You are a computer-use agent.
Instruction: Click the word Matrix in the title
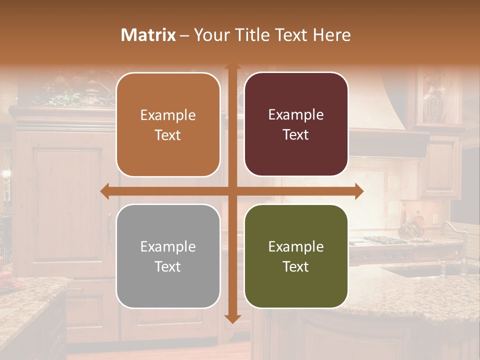click(148, 35)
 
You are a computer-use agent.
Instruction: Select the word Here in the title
click(331, 35)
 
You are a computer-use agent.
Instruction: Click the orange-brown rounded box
click(168, 125)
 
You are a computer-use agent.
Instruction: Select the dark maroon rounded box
click(296, 124)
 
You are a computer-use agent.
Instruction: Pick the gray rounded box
click(168, 256)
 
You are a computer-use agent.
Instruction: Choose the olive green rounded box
click(296, 256)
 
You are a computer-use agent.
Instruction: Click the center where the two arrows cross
click(232, 191)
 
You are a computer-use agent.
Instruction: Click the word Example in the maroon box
click(296, 115)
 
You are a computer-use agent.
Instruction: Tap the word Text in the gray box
click(168, 266)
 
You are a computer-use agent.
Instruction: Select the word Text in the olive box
click(296, 266)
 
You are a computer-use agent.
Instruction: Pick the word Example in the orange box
click(168, 115)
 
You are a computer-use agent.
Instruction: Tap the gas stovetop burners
click(385, 240)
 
